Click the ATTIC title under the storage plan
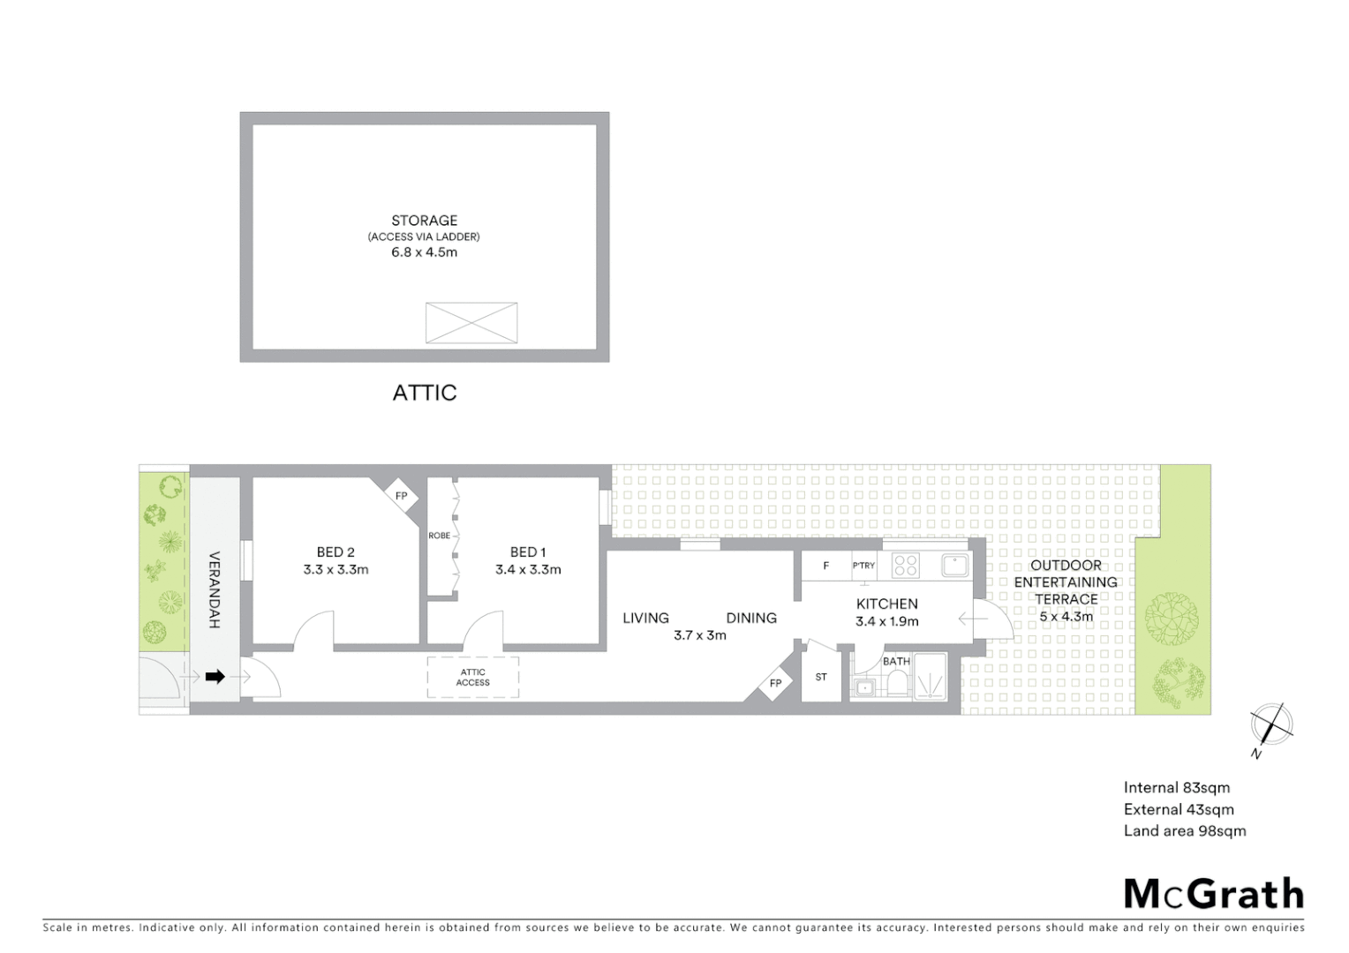pos(425,393)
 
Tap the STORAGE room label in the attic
pos(425,221)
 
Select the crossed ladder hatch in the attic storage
pos(471,322)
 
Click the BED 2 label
pos(335,552)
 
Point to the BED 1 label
pos(528,552)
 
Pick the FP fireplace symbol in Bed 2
pos(401,496)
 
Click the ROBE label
pos(440,536)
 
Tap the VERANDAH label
pos(214,589)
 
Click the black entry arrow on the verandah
pos(215,677)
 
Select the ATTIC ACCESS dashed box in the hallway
pos(473,678)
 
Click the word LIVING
pos(645,619)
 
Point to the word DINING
pos(751,619)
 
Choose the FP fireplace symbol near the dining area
pos(775,683)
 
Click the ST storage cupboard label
pos(821,678)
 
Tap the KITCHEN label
pos(886,604)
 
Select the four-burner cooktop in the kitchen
pos(906,566)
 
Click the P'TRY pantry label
pos(863,566)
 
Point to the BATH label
pos(896,661)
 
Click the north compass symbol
pos(1271,726)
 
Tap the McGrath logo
pos(1214,894)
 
